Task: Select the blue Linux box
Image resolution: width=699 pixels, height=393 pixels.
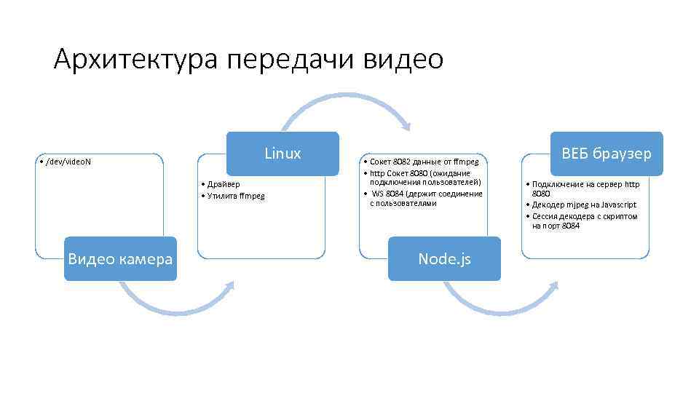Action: tap(283, 154)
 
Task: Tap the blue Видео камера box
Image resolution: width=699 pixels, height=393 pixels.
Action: tap(120, 258)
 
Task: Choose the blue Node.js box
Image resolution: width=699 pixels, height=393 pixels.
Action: tap(444, 258)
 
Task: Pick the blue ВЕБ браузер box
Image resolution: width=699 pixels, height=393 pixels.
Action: tap(607, 154)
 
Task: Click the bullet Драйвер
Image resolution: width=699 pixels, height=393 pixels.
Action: tap(222, 185)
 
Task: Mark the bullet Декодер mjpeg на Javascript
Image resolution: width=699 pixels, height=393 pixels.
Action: tap(584, 205)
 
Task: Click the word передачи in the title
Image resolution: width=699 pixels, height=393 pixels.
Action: tap(291, 59)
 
